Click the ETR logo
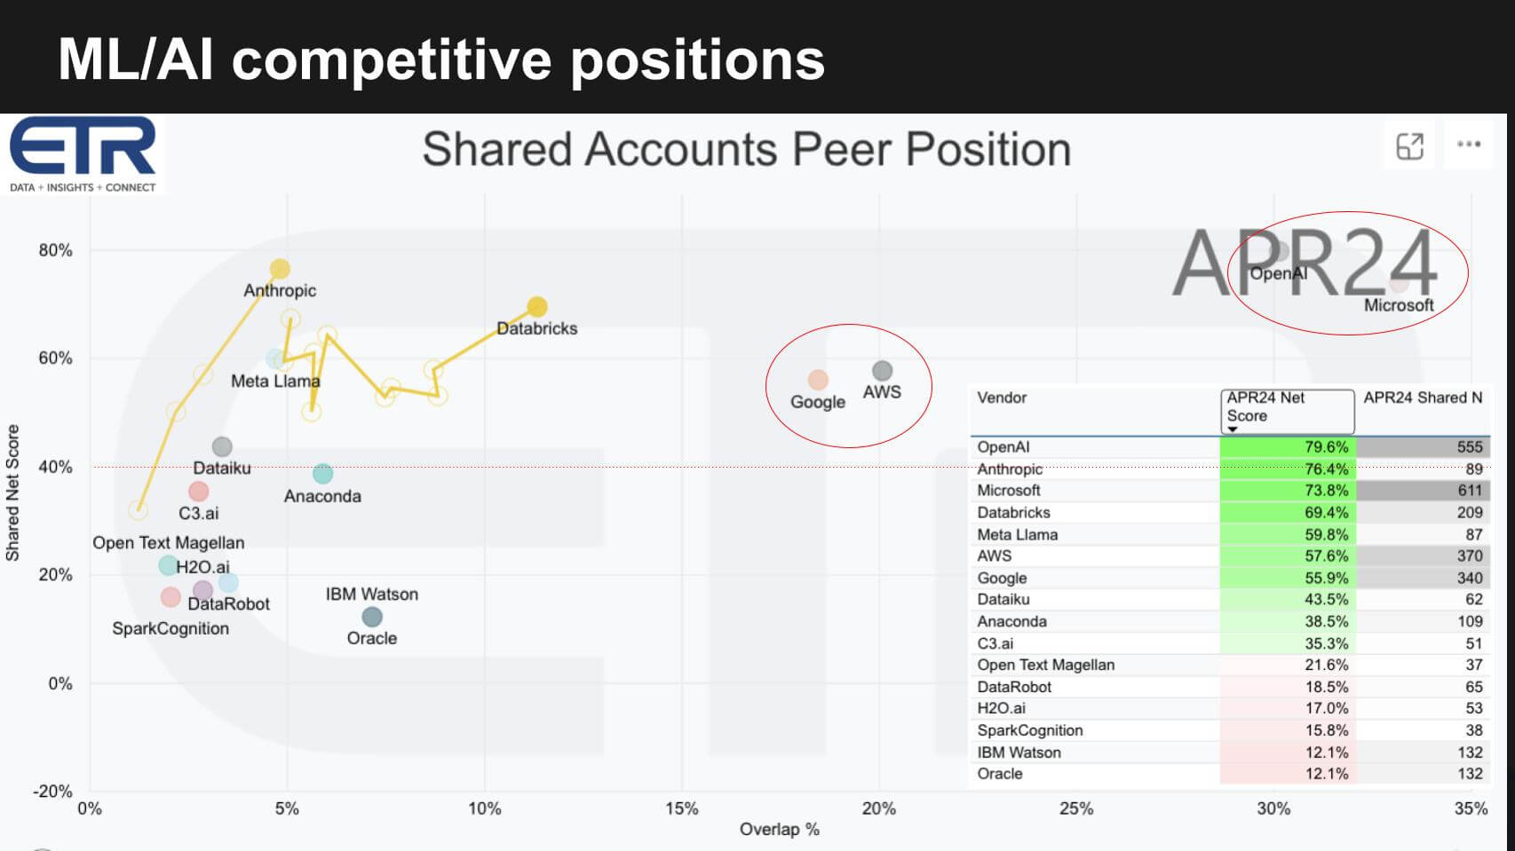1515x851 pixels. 83,154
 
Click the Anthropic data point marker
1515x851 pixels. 280,269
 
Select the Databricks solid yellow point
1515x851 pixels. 537,307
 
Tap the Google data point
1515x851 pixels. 818,380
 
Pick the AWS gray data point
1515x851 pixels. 882,370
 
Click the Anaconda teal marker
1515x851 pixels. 322,473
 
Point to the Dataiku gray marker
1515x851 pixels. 222,446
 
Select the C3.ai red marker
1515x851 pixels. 198,492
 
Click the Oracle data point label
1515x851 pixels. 371,638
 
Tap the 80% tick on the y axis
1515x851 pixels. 55,250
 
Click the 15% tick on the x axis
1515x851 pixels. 682,808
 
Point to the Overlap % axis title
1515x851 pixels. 779,830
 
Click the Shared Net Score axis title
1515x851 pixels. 12,492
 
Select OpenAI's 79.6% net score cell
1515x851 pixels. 1288,446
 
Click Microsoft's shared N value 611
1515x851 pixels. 1423,490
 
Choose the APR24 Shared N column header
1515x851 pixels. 1423,398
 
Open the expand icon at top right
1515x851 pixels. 1409,146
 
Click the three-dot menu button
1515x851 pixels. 1468,144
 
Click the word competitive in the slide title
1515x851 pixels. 393,61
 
